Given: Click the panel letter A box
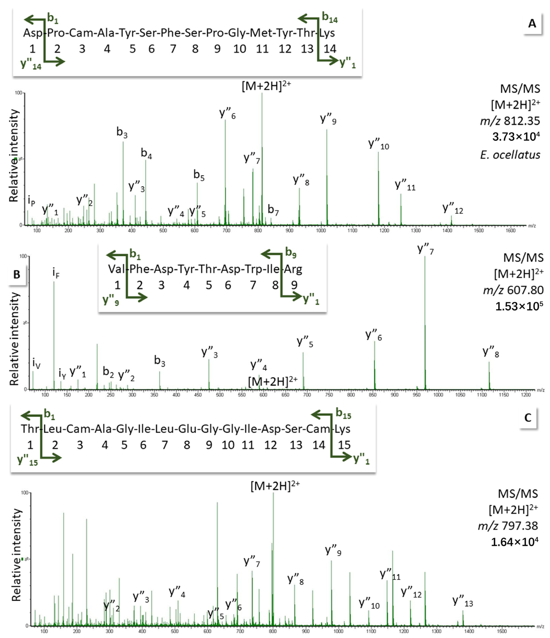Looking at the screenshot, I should [532, 24].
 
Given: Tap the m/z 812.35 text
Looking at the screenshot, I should [510, 121].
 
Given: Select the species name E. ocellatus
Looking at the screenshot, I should [510, 155].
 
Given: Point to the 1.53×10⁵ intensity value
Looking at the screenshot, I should [519, 306].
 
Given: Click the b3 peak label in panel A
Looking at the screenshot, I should [122, 132].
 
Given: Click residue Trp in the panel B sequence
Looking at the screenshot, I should [253, 269].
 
